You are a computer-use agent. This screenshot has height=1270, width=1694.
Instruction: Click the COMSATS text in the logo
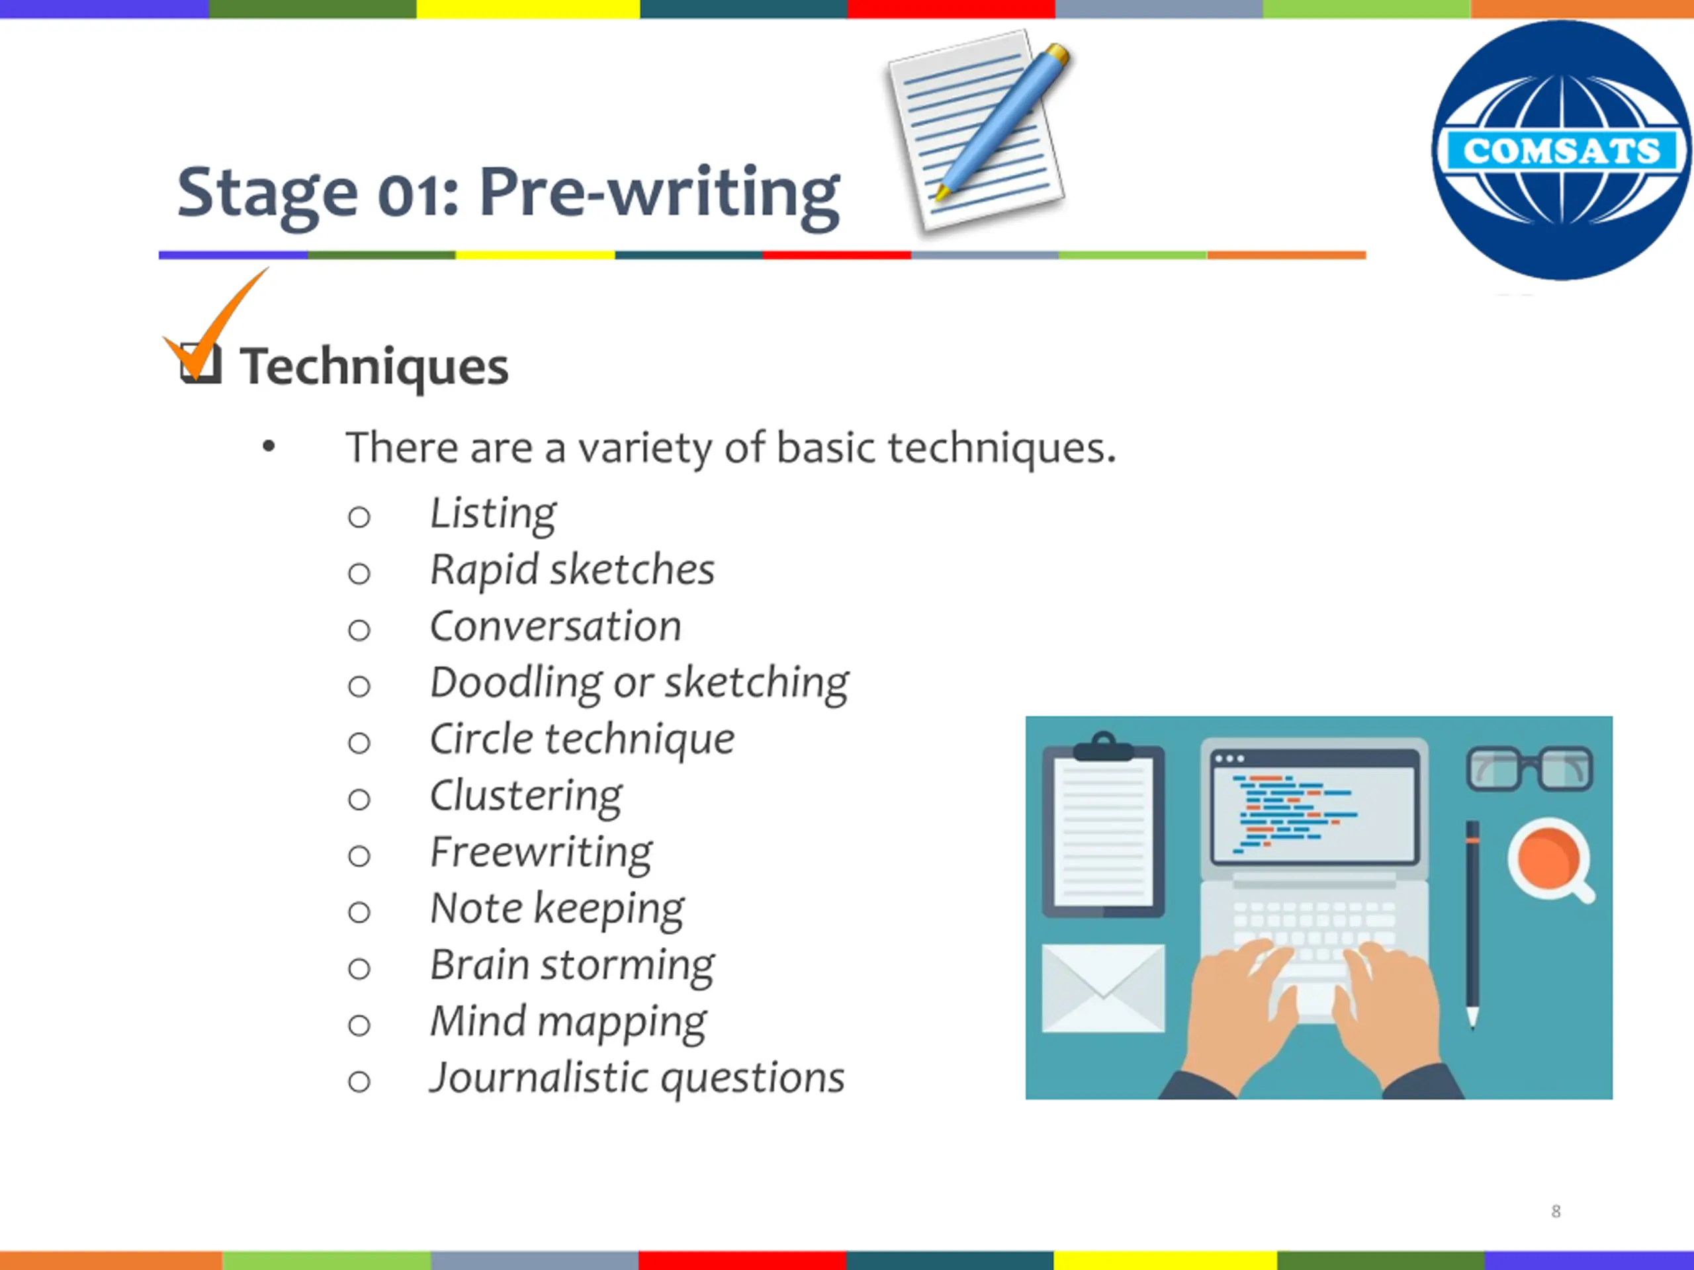pos(1562,150)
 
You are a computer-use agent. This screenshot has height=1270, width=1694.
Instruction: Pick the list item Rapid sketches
pos(572,570)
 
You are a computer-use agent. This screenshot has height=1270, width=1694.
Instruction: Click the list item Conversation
pos(555,626)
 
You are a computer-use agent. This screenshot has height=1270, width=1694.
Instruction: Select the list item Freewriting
pos(541,853)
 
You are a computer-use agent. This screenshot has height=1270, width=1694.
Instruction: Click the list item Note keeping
pos(557,910)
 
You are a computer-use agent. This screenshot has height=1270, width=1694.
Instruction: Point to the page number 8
pos(1556,1211)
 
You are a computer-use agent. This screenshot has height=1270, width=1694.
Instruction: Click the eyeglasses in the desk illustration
pos(1529,769)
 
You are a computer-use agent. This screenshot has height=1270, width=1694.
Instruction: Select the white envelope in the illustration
pos(1103,988)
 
